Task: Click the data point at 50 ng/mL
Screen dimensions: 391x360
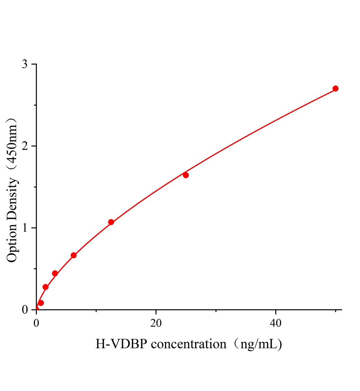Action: click(335, 89)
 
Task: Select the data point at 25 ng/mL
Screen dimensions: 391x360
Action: click(186, 175)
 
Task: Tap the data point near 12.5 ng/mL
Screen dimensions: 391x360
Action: click(111, 222)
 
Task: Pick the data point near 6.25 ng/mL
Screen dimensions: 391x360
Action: click(74, 255)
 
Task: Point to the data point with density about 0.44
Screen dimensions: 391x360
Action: click(55, 273)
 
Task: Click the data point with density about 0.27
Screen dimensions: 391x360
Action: click(46, 287)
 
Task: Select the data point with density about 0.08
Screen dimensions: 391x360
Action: click(41, 303)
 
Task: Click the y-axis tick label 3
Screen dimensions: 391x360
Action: click(25, 65)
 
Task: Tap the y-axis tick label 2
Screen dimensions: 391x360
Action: click(25, 146)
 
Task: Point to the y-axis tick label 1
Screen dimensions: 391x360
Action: click(25, 228)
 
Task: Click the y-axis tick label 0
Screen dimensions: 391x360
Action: click(25, 310)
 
